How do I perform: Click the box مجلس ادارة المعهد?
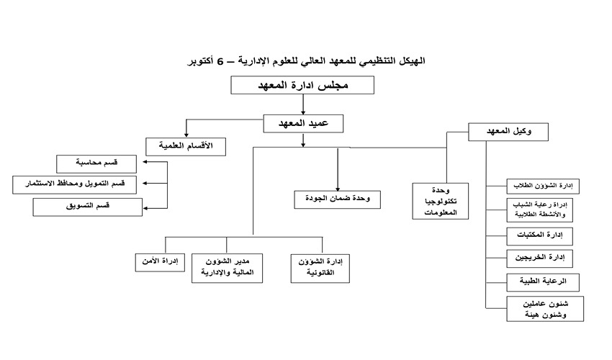click(302, 85)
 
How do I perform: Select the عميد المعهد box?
click(303, 124)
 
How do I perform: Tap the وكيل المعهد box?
click(508, 132)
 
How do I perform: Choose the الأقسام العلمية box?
click(186, 147)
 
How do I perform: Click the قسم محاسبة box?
click(96, 164)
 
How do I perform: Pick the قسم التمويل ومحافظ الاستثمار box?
click(75, 185)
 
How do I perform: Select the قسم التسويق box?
click(87, 207)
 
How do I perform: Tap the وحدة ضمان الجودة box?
click(337, 199)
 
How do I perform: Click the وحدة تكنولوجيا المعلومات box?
click(440, 201)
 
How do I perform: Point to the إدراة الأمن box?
click(160, 262)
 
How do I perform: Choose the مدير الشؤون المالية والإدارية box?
click(227, 269)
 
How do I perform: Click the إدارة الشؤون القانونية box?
click(320, 269)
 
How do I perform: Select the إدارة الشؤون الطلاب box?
click(543, 186)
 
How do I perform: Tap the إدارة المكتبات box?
click(540, 237)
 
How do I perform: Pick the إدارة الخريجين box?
click(540, 258)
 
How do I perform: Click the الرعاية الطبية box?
click(543, 282)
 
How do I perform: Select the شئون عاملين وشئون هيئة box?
click(545, 309)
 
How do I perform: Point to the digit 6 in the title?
click(220, 61)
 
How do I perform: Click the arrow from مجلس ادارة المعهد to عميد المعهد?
click(303, 104)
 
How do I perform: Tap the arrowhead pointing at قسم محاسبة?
click(145, 162)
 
